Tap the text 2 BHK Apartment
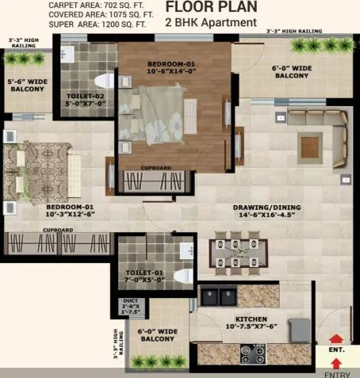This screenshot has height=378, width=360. pyautogui.click(x=211, y=22)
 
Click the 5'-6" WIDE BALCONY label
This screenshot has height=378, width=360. pyautogui.click(x=27, y=85)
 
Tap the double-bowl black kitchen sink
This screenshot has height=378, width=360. pyautogui.click(x=219, y=297)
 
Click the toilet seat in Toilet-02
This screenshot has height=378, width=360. pyautogui.click(x=101, y=82)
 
